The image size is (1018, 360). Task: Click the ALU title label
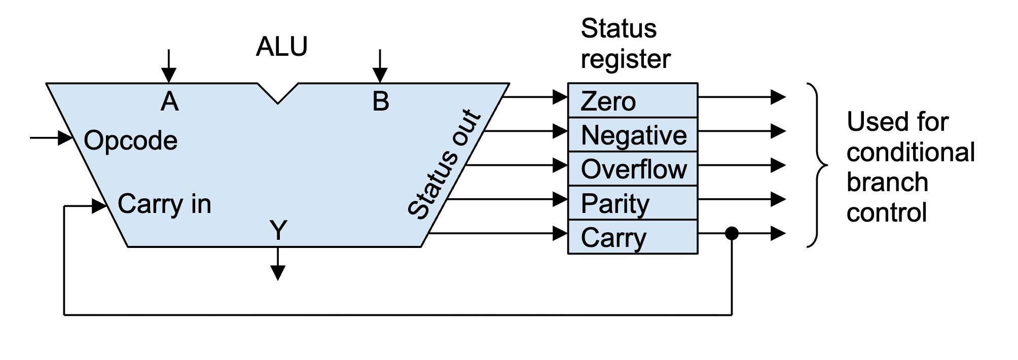click(x=281, y=47)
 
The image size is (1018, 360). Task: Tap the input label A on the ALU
click(x=169, y=102)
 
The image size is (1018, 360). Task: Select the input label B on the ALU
click(x=381, y=101)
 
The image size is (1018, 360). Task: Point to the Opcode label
click(x=130, y=140)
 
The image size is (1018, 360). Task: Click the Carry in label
click(x=164, y=204)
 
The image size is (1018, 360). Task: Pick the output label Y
click(x=278, y=230)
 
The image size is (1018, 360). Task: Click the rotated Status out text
click(x=444, y=165)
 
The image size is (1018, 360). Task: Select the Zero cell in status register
click(x=632, y=100)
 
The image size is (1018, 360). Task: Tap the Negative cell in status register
click(x=632, y=135)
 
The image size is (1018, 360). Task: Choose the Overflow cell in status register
click(x=632, y=169)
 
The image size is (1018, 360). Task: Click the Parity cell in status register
click(x=632, y=203)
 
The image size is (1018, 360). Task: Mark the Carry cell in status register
click(x=632, y=237)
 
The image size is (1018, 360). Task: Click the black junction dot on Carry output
click(x=732, y=234)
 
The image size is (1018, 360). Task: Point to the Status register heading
click(x=625, y=44)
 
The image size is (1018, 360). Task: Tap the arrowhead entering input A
click(x=169, y=76)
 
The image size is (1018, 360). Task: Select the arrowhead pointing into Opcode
click(x=65, y=137)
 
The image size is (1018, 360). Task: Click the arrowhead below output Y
click(x=278, y=273)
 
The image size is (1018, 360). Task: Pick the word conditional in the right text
click(x=911, y=152)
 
